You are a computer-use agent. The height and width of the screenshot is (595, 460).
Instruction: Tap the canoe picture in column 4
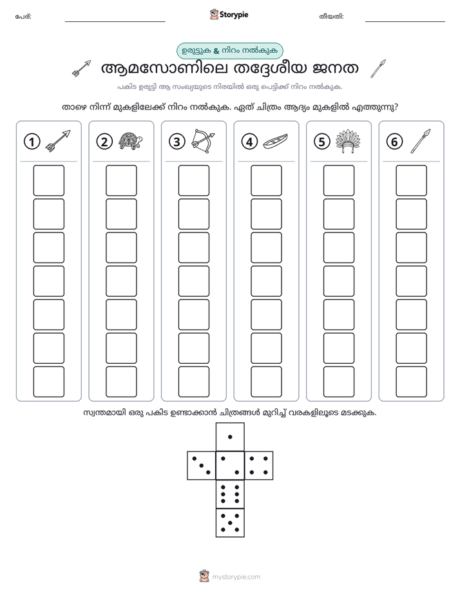tap(276, 142)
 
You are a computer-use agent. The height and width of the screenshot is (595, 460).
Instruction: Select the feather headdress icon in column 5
tap(348, 141)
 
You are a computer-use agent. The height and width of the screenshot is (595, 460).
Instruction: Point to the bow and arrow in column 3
tap(203, 141)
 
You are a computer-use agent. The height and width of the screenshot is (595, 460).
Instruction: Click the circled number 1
tap(32, 142)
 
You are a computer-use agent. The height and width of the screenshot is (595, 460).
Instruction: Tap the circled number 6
tap(394, 142)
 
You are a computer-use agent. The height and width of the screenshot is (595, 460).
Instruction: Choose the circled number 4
tap(249, 142)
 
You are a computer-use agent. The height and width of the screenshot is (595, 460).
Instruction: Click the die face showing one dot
tap(230, 437)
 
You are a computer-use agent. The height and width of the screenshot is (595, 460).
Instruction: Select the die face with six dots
tap(230, 494)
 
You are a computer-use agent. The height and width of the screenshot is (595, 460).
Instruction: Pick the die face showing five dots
tap(230, 523)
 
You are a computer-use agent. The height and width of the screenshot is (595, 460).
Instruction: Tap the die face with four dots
tap(259, 466)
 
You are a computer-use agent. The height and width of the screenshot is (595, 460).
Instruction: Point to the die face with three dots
tap(201, 466)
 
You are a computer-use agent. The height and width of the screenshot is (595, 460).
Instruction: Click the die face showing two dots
tap(230, 466)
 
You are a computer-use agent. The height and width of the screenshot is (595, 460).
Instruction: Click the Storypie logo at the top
tap(229, 15)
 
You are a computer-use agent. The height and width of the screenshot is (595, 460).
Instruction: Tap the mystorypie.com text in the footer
tap(236, 577)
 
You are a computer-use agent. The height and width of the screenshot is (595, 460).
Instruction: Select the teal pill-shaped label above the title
tap(229, 51)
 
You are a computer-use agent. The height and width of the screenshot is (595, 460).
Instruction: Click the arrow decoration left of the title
tap(82, 68)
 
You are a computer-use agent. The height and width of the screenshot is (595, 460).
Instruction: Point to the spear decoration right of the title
tap(378, 69)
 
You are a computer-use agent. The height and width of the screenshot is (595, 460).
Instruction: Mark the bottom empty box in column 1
tap(48, 381)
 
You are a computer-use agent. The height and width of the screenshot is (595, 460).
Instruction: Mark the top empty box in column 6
tap(411, 180)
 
